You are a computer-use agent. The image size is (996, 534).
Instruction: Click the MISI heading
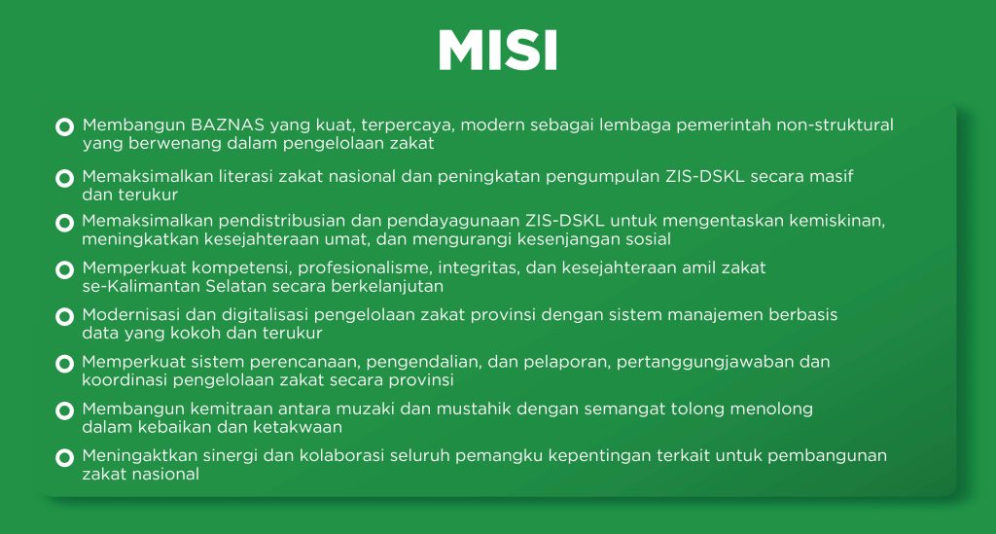(x=498, y=50)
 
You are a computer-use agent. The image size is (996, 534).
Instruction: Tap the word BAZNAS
(x=228, y=125)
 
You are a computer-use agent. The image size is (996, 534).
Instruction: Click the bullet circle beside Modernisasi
(x=65, y=316)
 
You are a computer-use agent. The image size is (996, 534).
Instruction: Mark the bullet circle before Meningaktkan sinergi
(x=65, y=458)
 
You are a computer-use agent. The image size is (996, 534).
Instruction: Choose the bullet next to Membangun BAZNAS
(x=65, y=127)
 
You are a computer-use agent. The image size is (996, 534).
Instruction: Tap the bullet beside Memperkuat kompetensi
(x=65, y=269)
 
